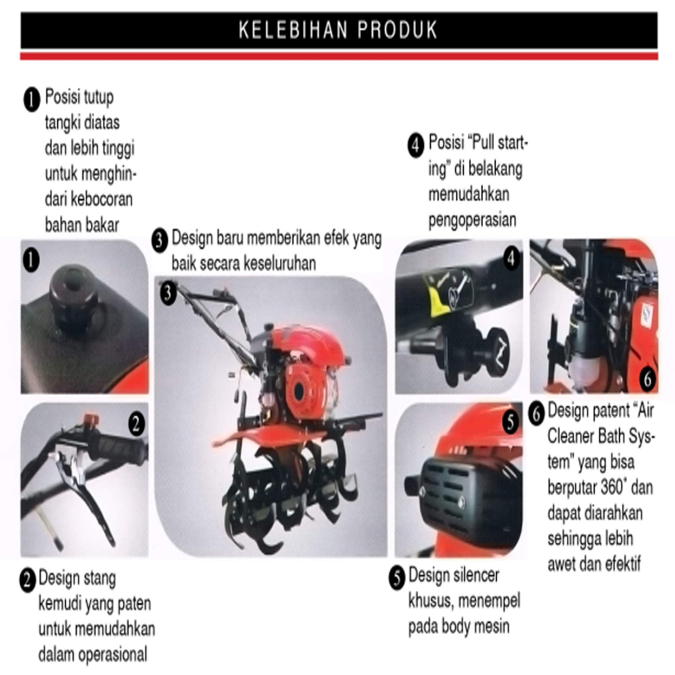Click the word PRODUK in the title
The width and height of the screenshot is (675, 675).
point(397,30)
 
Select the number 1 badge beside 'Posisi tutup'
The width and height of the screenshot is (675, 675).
point(32,100)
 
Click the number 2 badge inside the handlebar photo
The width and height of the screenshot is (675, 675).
point(136,424)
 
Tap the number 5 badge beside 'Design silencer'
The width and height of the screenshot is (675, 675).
point(397,578)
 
